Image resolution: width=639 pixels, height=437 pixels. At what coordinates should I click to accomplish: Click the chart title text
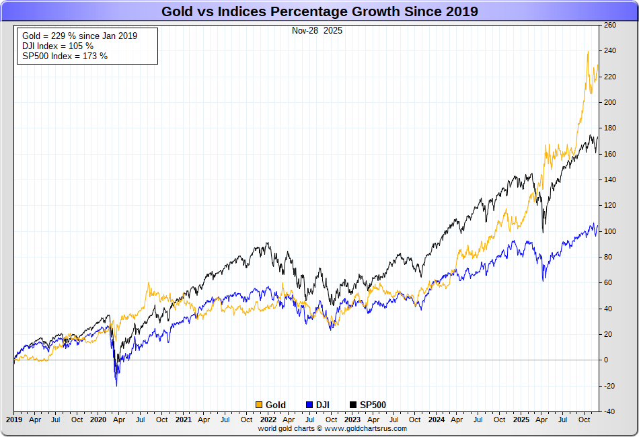pyautogui.click(x=319, y=11)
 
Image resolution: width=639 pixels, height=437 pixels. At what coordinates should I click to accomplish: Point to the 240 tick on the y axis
pyautogui.click(x=610, y=51)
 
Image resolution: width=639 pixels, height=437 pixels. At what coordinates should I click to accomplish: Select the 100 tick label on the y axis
pyautogui.click(x=610, y=231)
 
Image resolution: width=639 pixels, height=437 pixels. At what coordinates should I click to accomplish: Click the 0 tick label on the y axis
pyautogui.click(x=607, y=360)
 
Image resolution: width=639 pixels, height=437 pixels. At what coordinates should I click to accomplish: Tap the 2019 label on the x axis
pyautogui.click(x=14, y=420)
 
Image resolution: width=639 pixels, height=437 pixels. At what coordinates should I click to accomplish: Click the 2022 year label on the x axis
pyautogui.click(x=268, y=420)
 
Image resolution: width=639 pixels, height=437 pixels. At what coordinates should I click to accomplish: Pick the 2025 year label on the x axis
pyautogui.click(x=521, y=420)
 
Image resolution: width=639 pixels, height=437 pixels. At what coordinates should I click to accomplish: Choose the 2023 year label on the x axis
pyautogui.click(x=352, y=420)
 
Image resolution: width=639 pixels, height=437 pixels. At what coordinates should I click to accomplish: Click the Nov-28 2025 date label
pyautogui.click(x=317, y=30)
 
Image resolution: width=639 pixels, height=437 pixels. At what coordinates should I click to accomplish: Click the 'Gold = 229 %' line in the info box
pyautogui.click(x=79, y=36)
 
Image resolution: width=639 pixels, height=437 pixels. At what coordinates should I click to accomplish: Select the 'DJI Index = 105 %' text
pyautogui.click(x=58, y=46)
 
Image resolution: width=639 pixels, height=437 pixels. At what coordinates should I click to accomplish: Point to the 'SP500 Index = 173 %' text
pyautogui.click(x=65, y=56)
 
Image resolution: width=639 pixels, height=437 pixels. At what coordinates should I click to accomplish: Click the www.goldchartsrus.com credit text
pyautogui.click(x=332, y=428)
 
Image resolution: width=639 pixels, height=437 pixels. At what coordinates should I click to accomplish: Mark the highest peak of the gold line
pyautogui.click(x=588, y=51)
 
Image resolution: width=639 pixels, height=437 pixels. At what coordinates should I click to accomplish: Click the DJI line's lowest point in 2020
pyautogui.click(x=117, y=385)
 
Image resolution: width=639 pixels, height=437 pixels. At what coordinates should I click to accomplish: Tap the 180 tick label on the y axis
pyautogui.click(x=610, y=128)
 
